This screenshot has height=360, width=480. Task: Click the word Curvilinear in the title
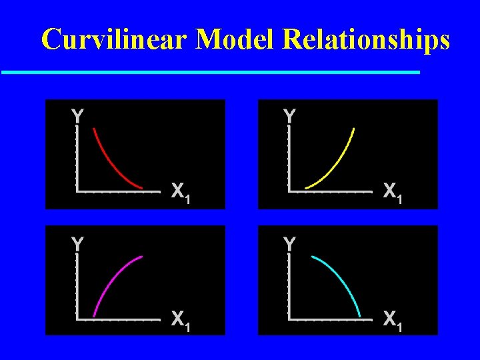(114, 40)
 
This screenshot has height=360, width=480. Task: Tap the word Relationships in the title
(366, 40)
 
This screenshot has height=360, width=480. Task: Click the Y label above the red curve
(77, 116)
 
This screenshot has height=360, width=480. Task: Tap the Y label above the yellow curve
(289, 116)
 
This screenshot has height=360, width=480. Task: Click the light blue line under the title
(210, 71)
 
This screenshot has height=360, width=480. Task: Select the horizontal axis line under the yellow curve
(330, 191)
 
